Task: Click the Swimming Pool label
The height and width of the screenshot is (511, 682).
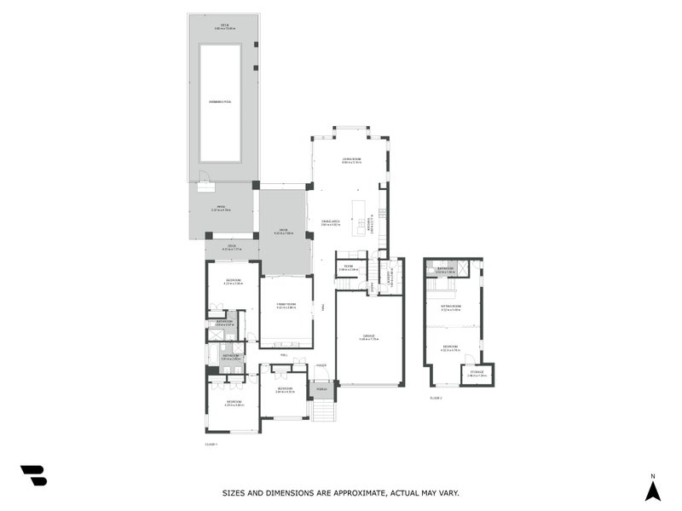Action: click(x=221, y=101)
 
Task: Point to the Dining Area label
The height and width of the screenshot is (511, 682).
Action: click(x=331, y=221)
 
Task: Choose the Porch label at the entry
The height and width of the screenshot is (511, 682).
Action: click(x=321, y=389)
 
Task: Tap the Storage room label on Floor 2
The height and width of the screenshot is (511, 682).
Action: click(x=477, y=372)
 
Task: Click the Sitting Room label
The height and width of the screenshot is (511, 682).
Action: click(x=451, y=306)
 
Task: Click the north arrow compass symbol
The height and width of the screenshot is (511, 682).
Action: click(x=652, y=491)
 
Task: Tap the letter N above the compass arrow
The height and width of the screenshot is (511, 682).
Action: click(x=652, y=475)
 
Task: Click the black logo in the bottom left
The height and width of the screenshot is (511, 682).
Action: click(x=33, y=475)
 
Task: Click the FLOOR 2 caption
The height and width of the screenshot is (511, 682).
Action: click(x=436, y=398)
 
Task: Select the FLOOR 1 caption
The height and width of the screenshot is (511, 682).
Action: click(x=211, y=444)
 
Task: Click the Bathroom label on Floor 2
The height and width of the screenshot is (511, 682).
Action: click(x=445, y=269)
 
